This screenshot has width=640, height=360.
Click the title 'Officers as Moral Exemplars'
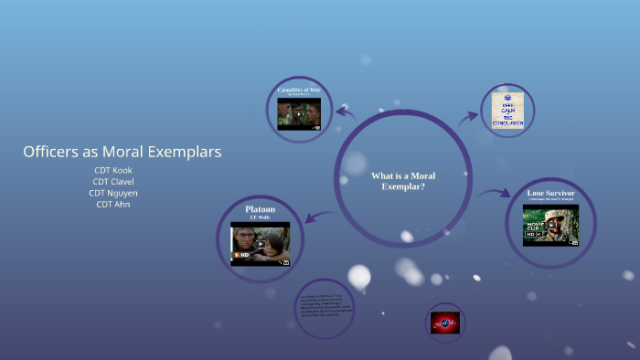coord(123,152)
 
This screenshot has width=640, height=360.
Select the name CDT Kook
coord(112,170)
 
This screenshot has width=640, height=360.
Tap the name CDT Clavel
coord(112,181)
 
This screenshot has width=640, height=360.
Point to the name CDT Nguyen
coord(112,193)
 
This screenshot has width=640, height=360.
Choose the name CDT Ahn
coord(112,205)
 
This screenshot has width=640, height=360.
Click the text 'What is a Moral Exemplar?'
coord(402,181)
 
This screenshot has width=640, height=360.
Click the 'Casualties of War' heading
coord(299,90)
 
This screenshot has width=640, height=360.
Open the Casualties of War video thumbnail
coord(299,113)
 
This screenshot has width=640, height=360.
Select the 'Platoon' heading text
coord(260,209)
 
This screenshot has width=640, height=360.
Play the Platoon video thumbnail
coord(260,243)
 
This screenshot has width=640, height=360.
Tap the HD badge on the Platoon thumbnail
coord(240,254)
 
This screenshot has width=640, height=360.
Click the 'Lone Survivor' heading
coord(550,194)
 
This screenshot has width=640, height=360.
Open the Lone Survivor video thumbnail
coord(550,225)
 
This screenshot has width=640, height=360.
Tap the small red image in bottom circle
coord(446,322)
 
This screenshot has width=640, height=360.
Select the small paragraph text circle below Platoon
coord(325,308)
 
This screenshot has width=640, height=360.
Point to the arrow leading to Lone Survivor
coord(496,193)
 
